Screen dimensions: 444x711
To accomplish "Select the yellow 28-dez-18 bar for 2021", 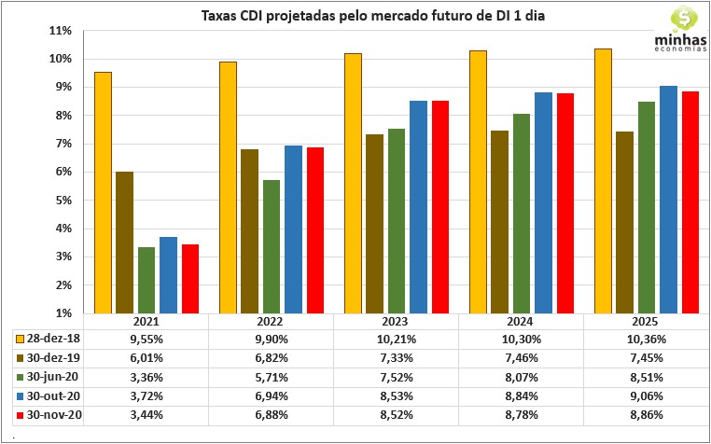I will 104,192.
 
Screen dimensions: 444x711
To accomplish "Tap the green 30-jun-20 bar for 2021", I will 146,280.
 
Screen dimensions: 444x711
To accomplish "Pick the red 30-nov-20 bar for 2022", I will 315,230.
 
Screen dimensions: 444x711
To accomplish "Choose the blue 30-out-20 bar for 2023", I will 419,207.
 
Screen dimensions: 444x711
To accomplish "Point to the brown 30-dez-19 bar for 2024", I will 499,222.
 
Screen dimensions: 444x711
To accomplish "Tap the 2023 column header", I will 396,321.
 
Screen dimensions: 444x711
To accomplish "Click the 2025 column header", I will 646,321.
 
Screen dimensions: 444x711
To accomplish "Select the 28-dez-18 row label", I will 55,338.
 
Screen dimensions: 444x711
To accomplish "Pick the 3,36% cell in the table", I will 146,377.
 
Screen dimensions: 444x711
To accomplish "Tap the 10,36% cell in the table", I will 646,338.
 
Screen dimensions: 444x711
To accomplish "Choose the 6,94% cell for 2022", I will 271,396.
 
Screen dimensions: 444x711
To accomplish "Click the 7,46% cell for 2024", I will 521,357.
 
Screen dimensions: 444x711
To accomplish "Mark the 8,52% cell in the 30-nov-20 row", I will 396,415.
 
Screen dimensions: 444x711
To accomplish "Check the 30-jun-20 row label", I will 55,377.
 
